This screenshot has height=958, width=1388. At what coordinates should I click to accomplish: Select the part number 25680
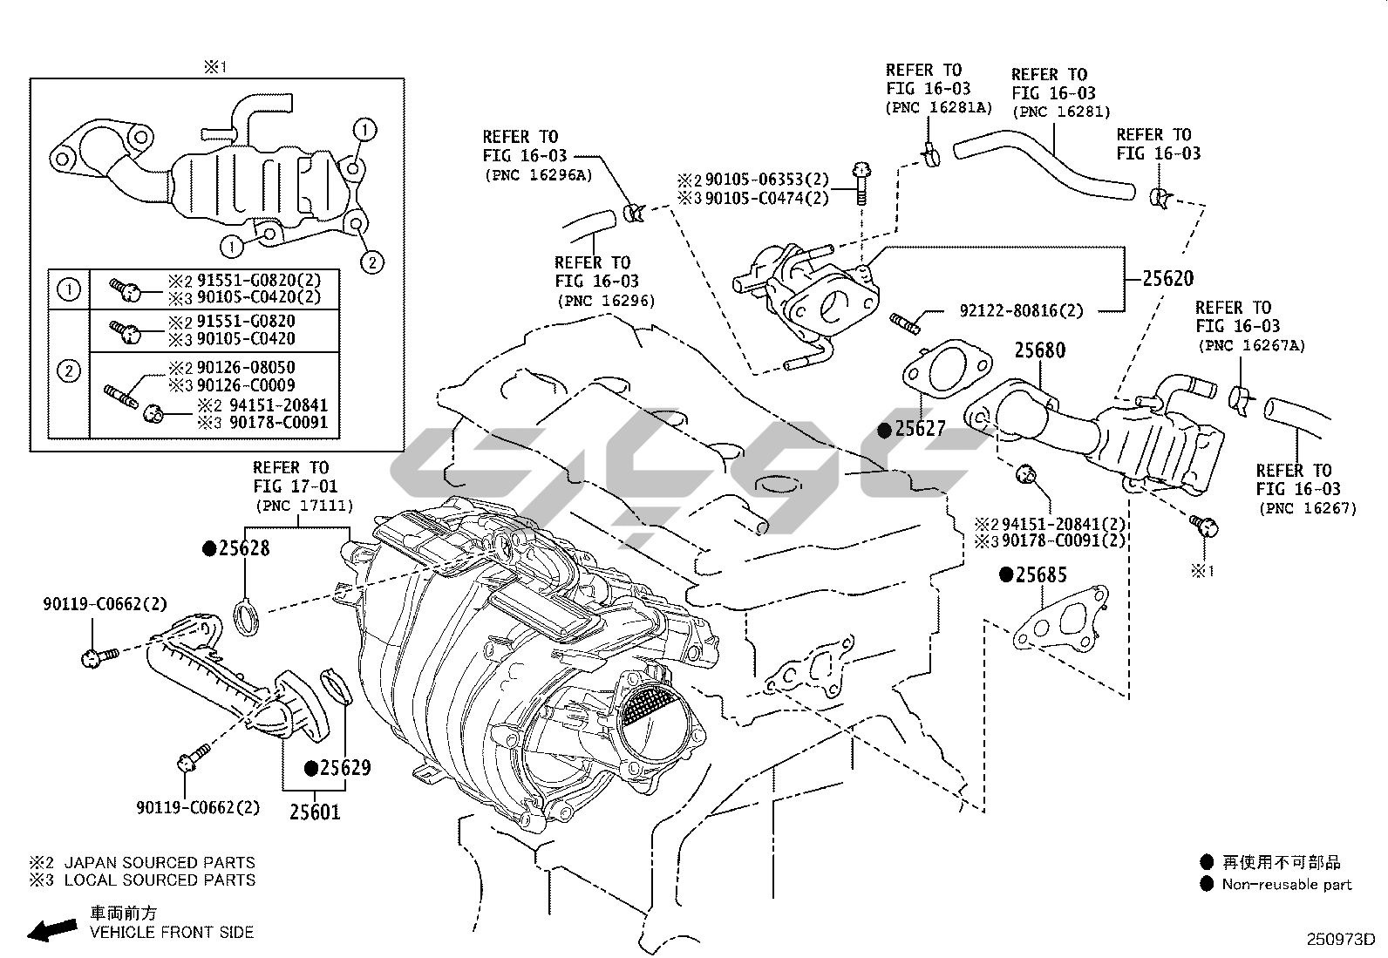[x=1039, y=350]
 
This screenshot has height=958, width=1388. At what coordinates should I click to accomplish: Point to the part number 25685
[x=1041, y=575]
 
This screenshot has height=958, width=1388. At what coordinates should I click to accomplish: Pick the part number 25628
[x=243, y=548]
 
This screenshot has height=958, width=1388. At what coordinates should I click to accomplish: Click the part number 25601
[x=315, y=812]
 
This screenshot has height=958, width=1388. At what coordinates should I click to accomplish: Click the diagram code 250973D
[x=1339, y=940]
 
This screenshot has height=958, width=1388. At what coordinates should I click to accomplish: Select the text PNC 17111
[x=303, y=506]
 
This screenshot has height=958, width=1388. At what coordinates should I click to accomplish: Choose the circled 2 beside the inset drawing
[x=371, y=261]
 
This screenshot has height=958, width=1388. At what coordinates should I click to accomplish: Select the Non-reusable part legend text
[x=1287, y=885]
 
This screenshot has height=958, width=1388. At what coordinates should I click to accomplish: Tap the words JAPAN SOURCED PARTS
[x=160, y=862]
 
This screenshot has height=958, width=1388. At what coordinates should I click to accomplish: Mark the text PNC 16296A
[x=538, y=174]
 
